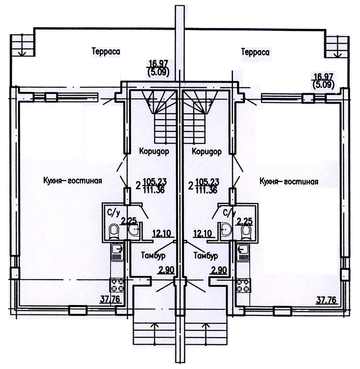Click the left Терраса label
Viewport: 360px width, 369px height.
tap(106, 52)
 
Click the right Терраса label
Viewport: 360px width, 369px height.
tap(255, 52)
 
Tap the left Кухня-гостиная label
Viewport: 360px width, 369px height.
tap(73, 181)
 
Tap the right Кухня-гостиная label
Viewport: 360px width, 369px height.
tap(289, 181)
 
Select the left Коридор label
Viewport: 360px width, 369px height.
tap(154, 151)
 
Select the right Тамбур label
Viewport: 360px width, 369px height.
tap(205, 255)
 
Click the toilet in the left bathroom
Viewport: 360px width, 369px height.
tap(114, 232)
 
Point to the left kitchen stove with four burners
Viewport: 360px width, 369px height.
tap(117, 285)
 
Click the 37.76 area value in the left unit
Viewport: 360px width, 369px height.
tap(110, 299)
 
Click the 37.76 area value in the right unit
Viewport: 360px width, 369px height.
tap(327, 300)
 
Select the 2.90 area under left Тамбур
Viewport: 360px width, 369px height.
tap(166, 270)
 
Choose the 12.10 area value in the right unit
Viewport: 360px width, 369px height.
tap(202, 234)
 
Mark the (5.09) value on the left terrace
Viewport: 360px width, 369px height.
tap(158, 72)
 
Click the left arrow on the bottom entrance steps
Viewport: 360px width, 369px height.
tap(154, 335)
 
